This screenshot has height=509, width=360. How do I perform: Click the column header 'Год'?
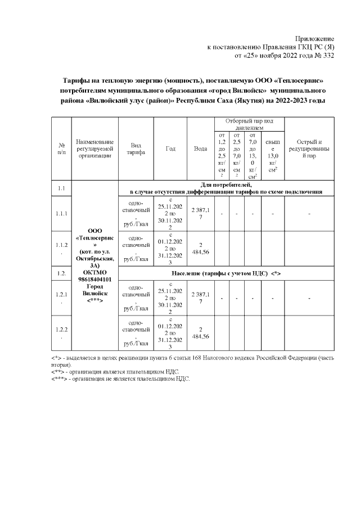170,148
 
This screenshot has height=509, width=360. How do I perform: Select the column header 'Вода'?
200,148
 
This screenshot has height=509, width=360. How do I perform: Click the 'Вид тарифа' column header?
136,148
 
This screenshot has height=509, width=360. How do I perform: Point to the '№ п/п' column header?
62,148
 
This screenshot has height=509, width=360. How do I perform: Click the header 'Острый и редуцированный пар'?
309,148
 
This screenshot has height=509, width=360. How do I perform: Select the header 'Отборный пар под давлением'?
249,124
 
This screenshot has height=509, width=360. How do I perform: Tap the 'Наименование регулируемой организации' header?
96,148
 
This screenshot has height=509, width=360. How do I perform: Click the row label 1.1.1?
62,214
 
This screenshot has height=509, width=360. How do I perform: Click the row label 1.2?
62,273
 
